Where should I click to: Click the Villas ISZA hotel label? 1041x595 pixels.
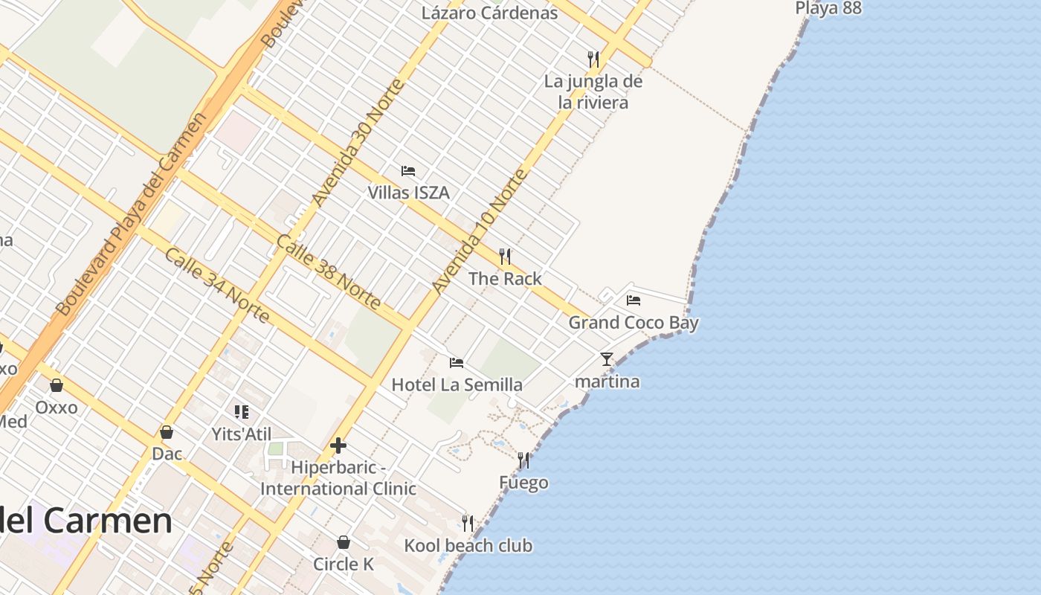tap(408, 193)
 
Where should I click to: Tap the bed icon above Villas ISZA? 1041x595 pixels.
tap(408, 170)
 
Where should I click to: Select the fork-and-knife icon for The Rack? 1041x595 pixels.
tap(505, 257)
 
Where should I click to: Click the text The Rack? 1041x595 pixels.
tap(505, 279)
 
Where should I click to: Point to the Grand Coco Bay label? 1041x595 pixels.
tap(634, 323)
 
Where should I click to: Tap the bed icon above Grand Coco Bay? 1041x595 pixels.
tap(634, 300)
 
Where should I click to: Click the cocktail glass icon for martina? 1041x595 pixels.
tap(607, 359)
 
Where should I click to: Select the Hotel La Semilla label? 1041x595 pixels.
tap(457, 385)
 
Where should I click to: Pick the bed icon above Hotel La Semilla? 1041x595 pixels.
tap(457, 363)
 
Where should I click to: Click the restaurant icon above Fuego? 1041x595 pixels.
tap(523, 460)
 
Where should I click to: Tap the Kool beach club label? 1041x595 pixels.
tap(468, 546)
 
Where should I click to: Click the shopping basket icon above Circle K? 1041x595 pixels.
tap(344, 542)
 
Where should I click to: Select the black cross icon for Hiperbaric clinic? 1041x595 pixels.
tap(338, 446)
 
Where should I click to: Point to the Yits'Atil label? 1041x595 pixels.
tap(242, 434)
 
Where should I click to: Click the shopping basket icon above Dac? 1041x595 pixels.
tap(167, 432)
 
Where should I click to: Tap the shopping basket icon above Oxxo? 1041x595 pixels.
tap(57, 385)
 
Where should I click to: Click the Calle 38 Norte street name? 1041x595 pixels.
tap(328, 272)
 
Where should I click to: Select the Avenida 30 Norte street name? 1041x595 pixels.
tap(358, 143)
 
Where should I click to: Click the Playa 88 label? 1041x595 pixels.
tap(828, 8)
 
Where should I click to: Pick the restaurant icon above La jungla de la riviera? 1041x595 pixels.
tap(593, 59)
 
